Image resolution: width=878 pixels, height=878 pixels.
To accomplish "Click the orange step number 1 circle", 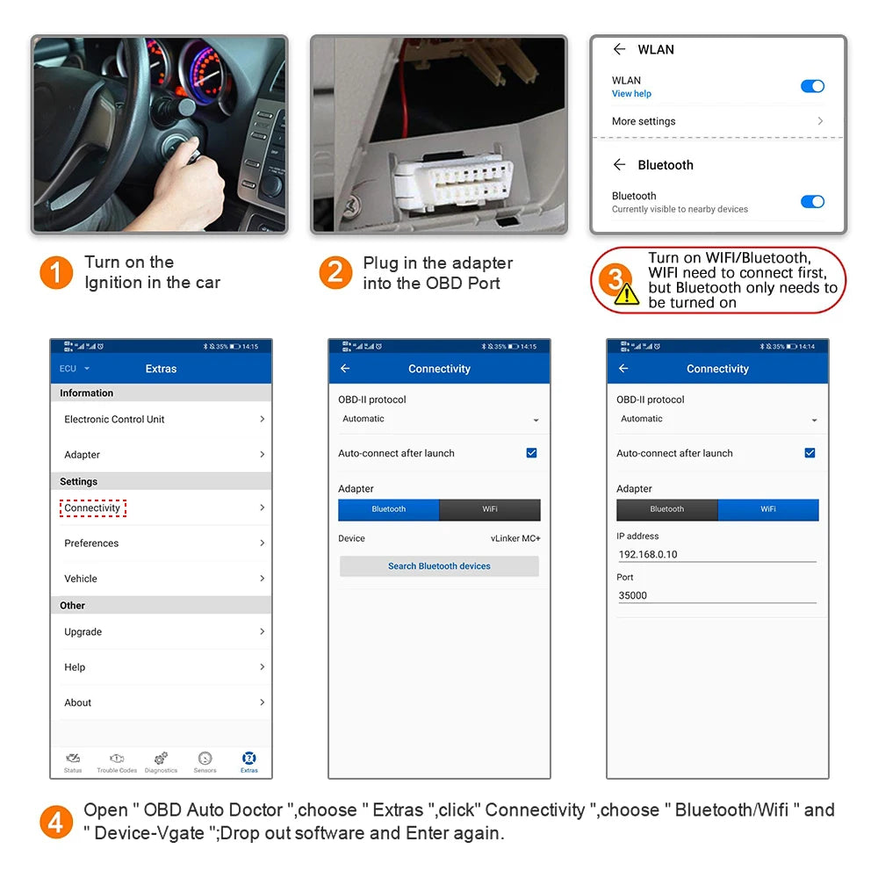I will click(56, 272).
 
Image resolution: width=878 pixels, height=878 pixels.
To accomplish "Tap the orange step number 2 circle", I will click(335, 272).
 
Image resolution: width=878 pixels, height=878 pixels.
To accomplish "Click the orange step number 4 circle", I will click(56, 823).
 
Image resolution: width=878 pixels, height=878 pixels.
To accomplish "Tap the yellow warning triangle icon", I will click(627, 294).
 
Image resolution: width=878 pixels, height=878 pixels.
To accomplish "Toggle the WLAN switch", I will click(812, 86).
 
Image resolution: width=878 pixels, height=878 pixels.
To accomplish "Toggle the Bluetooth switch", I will click(812, 201).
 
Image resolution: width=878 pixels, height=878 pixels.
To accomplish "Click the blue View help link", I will click(631, 94).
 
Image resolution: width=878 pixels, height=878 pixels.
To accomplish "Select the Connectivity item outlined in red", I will click(93, 507).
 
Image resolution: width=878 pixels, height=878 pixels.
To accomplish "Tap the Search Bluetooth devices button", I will click(439, 566).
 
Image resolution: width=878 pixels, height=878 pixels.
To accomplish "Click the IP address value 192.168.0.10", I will click(648, 554).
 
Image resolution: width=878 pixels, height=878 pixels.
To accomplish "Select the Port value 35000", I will click(633, 595).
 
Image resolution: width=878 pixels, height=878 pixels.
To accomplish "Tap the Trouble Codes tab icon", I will click(117, 760).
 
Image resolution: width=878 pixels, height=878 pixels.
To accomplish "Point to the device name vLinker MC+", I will click(515, 538).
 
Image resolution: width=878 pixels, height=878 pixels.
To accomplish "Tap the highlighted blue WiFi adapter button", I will click(768, 509).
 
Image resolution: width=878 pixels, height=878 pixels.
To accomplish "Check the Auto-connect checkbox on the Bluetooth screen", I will click(531, 453).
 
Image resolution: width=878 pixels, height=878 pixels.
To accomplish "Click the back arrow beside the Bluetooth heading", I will click(619, 165).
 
